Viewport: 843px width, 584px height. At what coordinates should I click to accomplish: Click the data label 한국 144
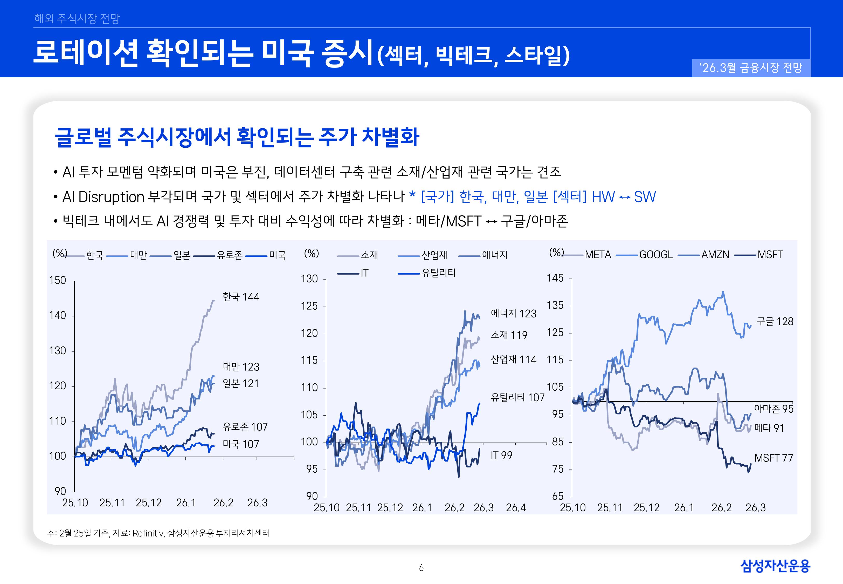pyautogui.click(x=241, y=296)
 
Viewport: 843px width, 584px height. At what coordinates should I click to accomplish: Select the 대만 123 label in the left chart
pyautogui.click(x=241, y=367)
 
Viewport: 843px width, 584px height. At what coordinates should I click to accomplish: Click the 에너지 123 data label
pyautogui.click(x=513, y=314)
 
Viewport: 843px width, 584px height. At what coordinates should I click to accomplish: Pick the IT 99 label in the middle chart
pyautogui.click(x=501, y=456)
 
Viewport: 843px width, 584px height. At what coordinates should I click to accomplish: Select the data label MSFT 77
pyautogui.click(x=773, y=458)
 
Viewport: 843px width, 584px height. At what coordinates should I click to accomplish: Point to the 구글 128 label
pyautogui.click(x=775, y=322)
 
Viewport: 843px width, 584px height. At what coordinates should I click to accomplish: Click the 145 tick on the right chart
pyautogui.click(x=555, y=278)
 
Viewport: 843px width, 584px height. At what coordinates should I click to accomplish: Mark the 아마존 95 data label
pyautogui.click(x=773, y=409)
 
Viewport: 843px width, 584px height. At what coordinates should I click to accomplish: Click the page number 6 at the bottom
pyautogui.click(x=421, y=568)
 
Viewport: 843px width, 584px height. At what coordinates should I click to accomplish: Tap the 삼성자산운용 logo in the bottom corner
pyautogui.click(x=775, y=566)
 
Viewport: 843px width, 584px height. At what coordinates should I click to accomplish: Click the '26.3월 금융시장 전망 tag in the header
pyautogui.click(x=751, y=68)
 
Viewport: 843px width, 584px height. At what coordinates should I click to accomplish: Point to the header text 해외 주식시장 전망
pyautogui.click(x=77, y=18)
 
